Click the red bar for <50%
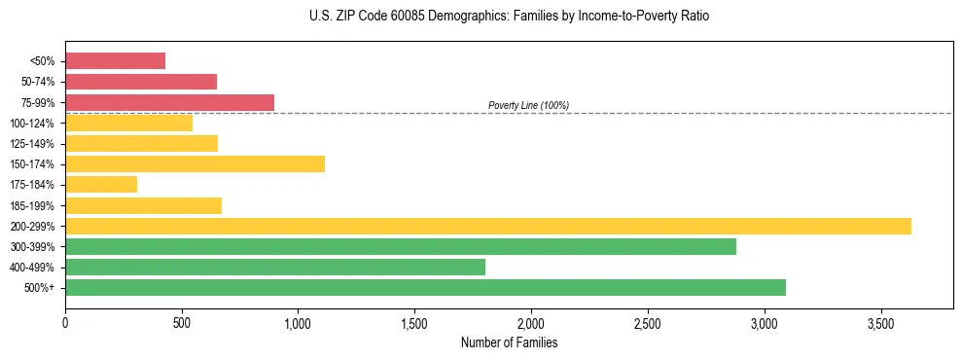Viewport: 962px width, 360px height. [x=115, y=61]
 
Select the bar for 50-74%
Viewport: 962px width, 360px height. [x=141, y=82]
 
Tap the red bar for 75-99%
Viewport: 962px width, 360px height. [x=169, y=102]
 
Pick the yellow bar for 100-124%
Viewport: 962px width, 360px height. [x=128, y=123]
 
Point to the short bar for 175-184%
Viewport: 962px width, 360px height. [x=101, y=184]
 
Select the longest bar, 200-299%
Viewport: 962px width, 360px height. [x=488, y=226]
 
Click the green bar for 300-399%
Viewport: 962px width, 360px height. [x=401, y=246]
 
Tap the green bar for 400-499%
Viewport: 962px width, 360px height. [x=275, y=267]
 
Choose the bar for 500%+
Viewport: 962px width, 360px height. [x=425, y=287]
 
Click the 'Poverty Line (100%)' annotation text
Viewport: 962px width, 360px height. [x=528, y=105]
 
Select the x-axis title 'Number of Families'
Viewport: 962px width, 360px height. [x=509, y=342]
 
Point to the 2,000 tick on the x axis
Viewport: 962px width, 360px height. [x=531, y=321]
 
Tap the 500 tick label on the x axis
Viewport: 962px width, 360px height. [x=182, y=321]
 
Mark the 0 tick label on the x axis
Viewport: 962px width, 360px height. [x=65, y=321]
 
